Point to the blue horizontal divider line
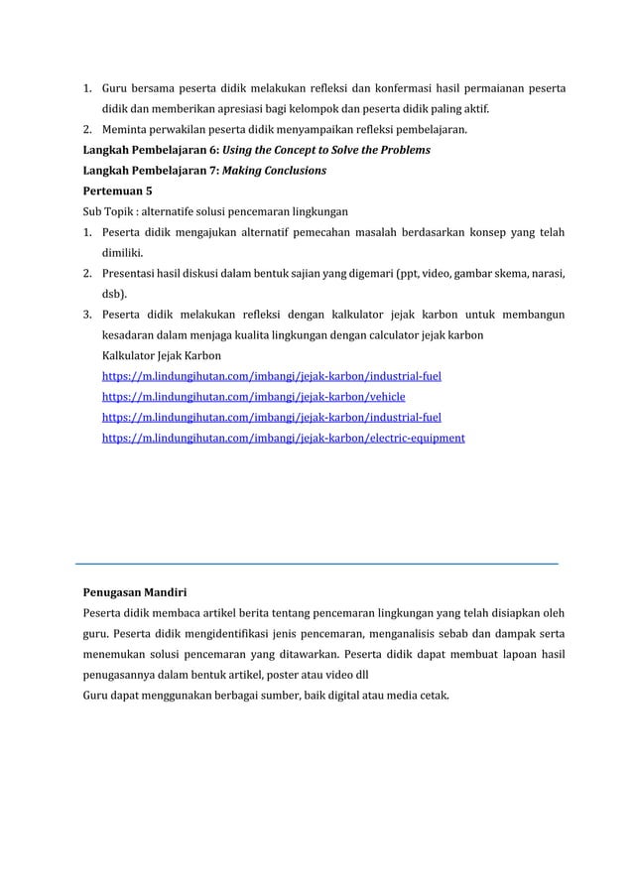(x=316, y=563)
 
